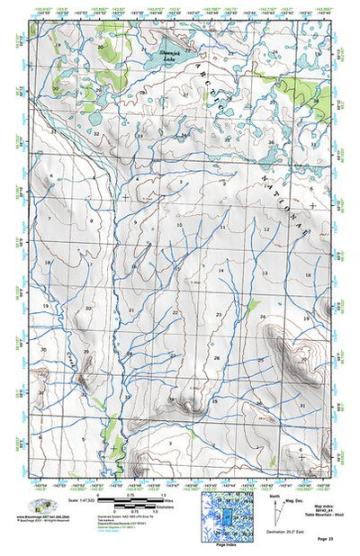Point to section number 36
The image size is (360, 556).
point(271,142)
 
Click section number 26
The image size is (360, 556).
point(217,357)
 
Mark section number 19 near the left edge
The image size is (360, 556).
point(42,307)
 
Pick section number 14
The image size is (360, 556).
point(220,270)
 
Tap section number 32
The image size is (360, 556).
point(96,133)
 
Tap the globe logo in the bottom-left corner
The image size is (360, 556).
point(39,506)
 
